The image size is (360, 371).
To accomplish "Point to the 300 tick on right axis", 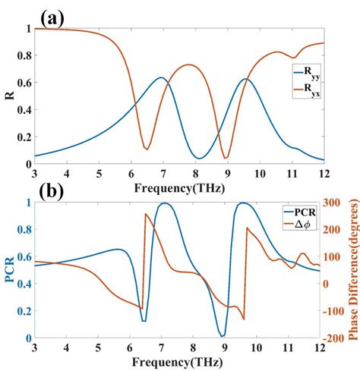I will point(336,203).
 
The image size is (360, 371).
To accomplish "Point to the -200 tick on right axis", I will point(335,338).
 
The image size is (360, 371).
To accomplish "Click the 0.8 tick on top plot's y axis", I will point(23,56).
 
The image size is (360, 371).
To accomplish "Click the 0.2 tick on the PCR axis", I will point(23,311).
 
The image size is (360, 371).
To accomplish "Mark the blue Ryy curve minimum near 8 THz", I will point(198,158).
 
